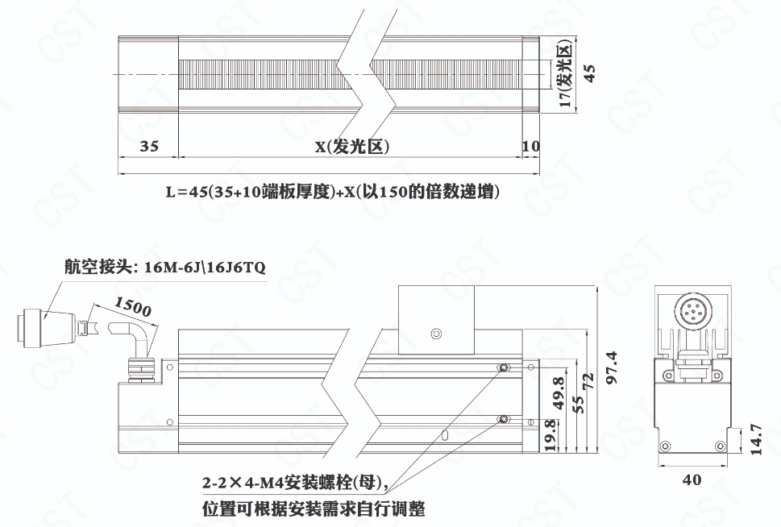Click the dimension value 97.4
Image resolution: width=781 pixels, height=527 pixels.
[x=613, y=367]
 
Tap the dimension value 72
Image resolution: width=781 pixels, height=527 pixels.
[x=588, y=382]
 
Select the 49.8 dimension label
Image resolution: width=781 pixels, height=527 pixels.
[x=559, y=393]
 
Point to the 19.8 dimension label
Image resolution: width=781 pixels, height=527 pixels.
[x=550, y=435]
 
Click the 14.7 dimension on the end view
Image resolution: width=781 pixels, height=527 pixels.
[x=755, y=439]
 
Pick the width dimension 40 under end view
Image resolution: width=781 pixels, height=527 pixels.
[x=692, y=480]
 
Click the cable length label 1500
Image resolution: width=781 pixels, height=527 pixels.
[x=132, y=306]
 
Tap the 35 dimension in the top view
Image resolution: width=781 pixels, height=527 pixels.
[x=149, y=146]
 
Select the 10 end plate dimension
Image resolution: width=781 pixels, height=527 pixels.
[x=531, y=146]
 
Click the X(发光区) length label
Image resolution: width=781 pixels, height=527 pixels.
[x=352, y=147]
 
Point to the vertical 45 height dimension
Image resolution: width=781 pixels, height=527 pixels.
[x=588, y=73]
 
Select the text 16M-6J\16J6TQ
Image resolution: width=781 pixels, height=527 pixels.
[x=205, y=268]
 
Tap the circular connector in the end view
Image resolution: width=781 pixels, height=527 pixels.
[x=691, y=312]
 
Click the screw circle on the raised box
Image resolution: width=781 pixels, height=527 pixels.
[x=436, y=334]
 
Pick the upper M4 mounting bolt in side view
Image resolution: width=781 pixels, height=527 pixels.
[x=504, y=368]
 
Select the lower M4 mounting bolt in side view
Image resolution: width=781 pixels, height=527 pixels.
[x=504, y=419]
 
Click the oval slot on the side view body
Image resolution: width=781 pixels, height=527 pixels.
[x=446, y=434]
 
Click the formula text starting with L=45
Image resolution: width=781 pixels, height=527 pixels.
[x=333, y=192]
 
